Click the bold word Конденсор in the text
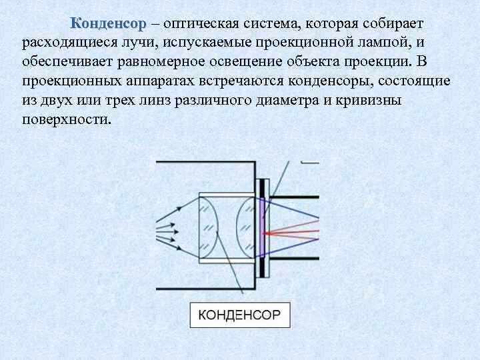coord(107,24)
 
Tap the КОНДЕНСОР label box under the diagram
coord(240,315)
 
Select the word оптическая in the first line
coord(207,24)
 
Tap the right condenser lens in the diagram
coord(245,229)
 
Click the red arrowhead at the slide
coord(267,233)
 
